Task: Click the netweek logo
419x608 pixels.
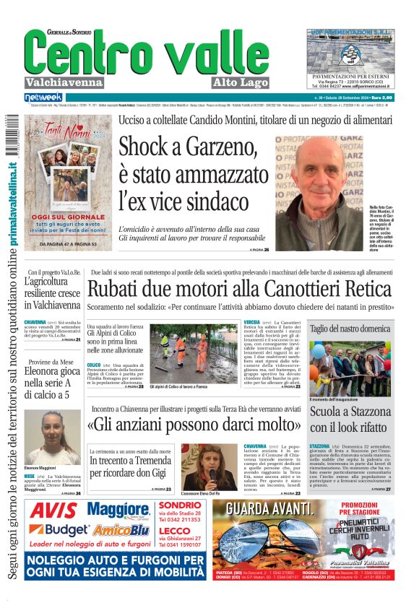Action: [43, 97]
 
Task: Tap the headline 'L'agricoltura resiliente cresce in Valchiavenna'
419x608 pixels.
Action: [53, 293]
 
